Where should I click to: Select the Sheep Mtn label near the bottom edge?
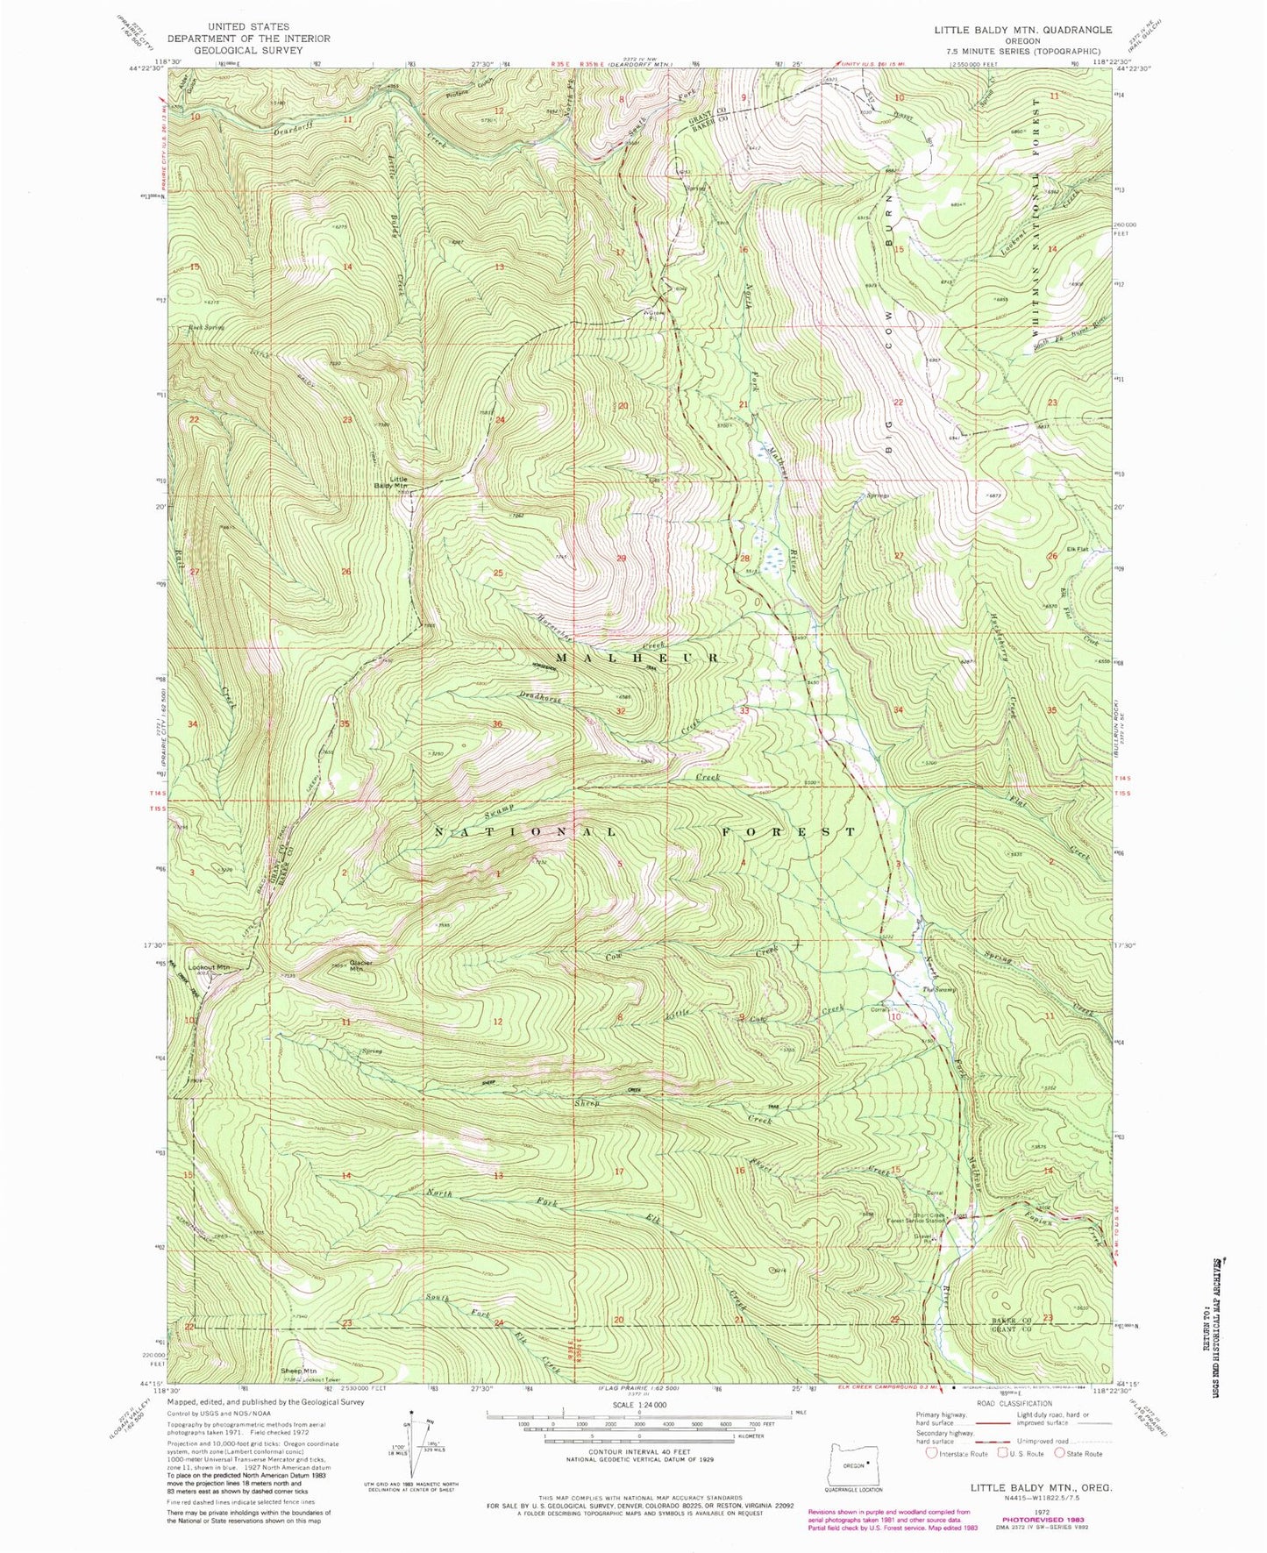[x=297, y=1394]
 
